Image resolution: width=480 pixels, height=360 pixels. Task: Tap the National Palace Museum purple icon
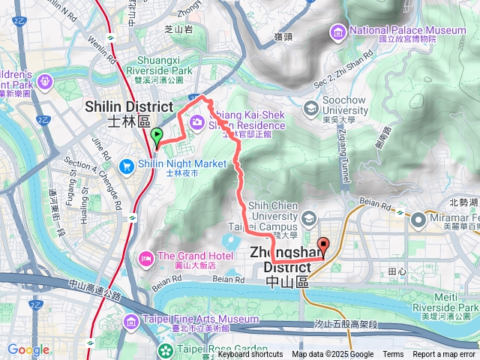coord(337,31)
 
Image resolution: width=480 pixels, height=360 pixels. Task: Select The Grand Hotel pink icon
coord(145,259)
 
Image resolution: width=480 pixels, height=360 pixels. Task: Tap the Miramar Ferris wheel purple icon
coord(418,217)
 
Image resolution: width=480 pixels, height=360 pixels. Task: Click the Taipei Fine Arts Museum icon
coord(130,321)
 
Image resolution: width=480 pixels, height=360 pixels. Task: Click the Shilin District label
coord(129,113)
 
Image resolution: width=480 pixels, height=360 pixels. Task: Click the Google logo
coord(28,349)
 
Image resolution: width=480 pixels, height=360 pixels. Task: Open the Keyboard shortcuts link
coord(250,355)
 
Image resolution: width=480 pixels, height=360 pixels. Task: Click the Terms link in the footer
coord(393,355)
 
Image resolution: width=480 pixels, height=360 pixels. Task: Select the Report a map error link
coord(444,355)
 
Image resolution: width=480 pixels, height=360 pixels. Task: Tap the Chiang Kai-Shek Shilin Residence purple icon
coord(199,120)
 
